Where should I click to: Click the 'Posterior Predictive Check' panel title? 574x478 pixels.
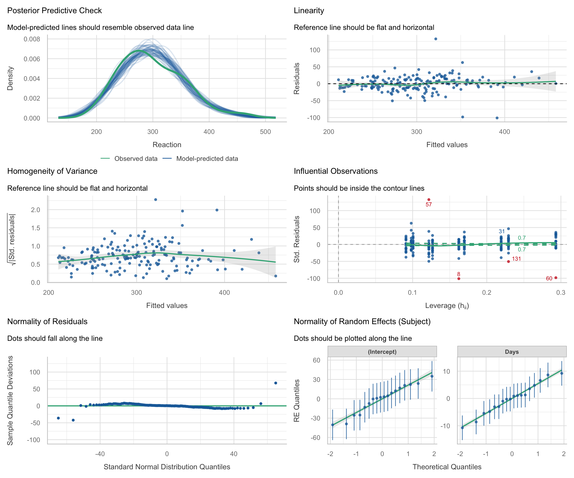click(x=54, y=11)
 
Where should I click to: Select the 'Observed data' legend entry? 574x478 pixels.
click(x=136, y=159)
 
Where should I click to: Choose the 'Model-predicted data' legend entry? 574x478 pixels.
click(x=207, y=159)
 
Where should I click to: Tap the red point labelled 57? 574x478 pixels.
click(x=429, y=200)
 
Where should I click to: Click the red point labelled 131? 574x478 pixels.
click(x=508, y=261)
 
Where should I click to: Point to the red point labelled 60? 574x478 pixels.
click(x=556, y=278)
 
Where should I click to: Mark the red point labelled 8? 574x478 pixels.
click(x=459, y=279)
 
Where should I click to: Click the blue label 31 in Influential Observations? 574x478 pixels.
click(x=502, y=231)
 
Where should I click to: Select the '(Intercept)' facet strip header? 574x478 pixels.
click(x=382, y=352)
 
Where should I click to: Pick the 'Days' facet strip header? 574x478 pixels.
click(x=512, y=352)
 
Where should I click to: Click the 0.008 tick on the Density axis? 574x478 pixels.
click(x=32, y=39)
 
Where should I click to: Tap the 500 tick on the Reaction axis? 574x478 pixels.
click(x=265, y=132)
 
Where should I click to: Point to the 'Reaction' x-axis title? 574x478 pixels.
click(x=167, y=145)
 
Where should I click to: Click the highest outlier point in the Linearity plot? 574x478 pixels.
click(x=436, y=39)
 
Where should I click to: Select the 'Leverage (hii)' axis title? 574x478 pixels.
click(x=447, y=306)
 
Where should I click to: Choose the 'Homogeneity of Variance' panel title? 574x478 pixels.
click(x=52, y=171)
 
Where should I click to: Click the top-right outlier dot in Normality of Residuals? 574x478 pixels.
click(x=276, y=383)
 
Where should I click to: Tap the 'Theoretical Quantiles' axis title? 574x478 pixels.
click(x=447, y=467)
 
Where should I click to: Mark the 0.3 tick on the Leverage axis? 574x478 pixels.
click(x=561, y=293)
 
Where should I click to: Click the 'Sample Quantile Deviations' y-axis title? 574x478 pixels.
click(x=10, y=400)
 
